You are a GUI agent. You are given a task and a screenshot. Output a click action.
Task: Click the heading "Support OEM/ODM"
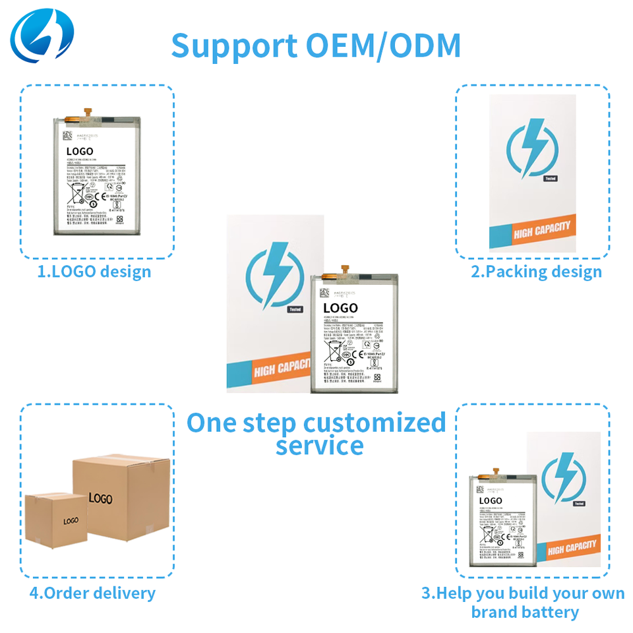pos(316,45)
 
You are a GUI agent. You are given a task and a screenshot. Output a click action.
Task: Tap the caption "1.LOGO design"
pos(94,272)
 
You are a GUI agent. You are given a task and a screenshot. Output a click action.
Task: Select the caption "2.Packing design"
pos(536,272)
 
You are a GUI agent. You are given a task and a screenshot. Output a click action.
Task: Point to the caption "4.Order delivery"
pos(92,593)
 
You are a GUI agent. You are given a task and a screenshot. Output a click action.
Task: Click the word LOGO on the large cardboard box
pos(100,498)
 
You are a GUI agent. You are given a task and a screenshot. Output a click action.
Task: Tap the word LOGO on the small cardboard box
pos(71,521)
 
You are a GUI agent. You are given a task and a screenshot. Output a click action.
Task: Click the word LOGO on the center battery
pos(340,308)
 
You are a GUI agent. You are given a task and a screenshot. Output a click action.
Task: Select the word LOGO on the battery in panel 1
pos(80,152)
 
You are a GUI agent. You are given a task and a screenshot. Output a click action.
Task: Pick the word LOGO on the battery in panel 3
pos(491,501)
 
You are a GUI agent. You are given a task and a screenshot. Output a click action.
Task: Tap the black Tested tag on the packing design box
pos(550,178)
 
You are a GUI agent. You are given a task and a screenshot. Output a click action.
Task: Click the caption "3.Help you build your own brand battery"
pos(524,602)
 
